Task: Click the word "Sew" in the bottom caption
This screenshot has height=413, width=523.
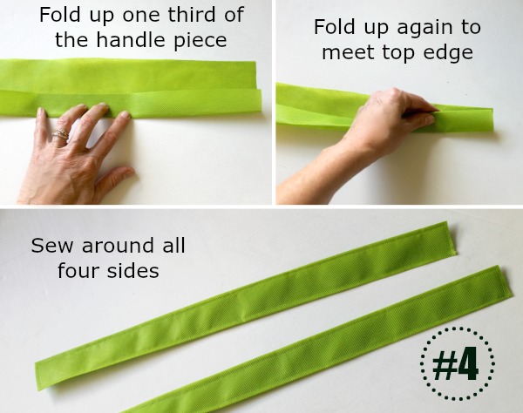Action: pyautogui.click(x=51, y=246)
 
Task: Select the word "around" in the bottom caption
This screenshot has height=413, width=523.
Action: pyautogui.click(x=118, y=245)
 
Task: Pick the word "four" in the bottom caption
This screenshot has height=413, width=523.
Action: pyautogui.click(x=78, y=270)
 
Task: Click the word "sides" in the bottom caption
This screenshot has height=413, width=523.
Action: pyautogui.click(x=133, y=270)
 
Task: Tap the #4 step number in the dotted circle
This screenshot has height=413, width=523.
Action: pyautogui.click(x=456, y=363)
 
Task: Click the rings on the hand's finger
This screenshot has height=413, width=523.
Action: pyautogui.click(x=61, y=134)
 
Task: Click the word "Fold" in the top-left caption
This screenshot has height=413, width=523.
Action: pyautogui.click(x=59, y=15)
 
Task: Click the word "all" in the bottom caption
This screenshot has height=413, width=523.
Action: pyautogui.click(x=173, y=245)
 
